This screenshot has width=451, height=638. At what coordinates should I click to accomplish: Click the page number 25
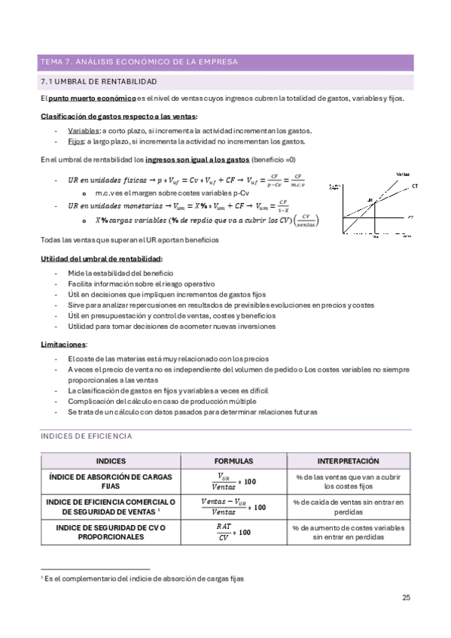point(406,598)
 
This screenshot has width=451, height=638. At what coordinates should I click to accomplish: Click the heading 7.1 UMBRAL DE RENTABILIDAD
point(98,81)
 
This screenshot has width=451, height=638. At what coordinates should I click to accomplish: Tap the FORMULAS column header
point(233,460)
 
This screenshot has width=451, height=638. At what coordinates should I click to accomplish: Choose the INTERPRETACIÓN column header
point(348,460)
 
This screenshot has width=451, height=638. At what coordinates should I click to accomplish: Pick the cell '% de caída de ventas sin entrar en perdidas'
point(348,506)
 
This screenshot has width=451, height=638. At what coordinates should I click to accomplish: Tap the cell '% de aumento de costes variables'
point(348,527)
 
